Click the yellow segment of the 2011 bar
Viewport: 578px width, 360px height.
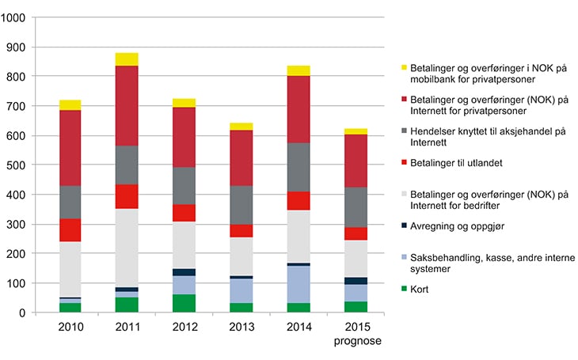coord(126,59)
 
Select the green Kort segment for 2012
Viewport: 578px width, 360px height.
coord(184,303)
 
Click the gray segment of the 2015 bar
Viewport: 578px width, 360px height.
coord(356,207)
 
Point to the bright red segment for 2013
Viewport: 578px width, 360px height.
coord(241,230)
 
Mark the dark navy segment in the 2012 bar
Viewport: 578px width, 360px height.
coord(184,272)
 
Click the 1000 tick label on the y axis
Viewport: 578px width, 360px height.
coord(15,17)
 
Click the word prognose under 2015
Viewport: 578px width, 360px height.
coord(356,343)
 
